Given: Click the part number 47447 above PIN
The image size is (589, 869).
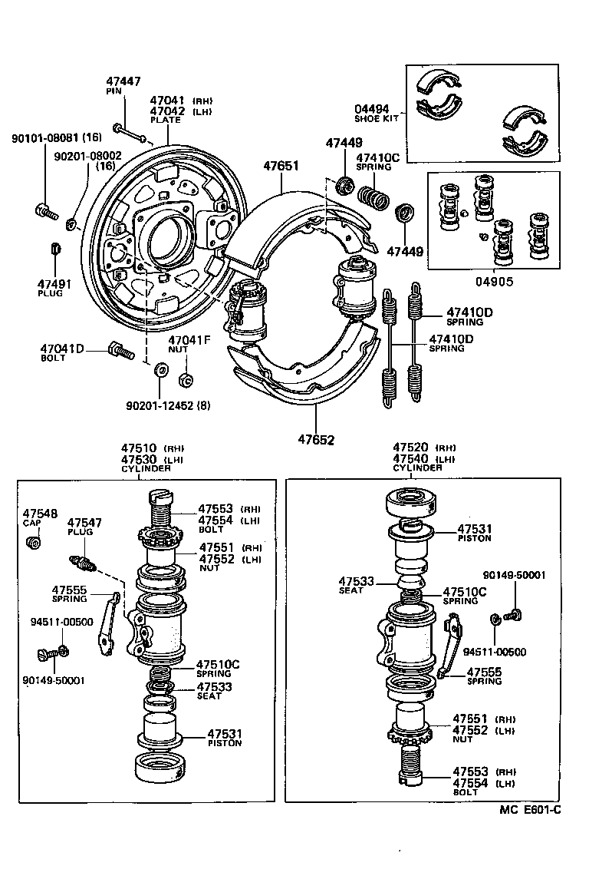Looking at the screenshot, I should coord(123,81).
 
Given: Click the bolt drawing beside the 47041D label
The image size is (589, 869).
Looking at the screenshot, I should coord(117,351).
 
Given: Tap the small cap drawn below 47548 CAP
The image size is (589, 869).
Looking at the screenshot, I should coord(34,544).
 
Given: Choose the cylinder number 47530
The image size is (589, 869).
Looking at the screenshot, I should coord(138,458).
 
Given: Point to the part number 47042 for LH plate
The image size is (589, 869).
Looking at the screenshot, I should coord(166,111).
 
